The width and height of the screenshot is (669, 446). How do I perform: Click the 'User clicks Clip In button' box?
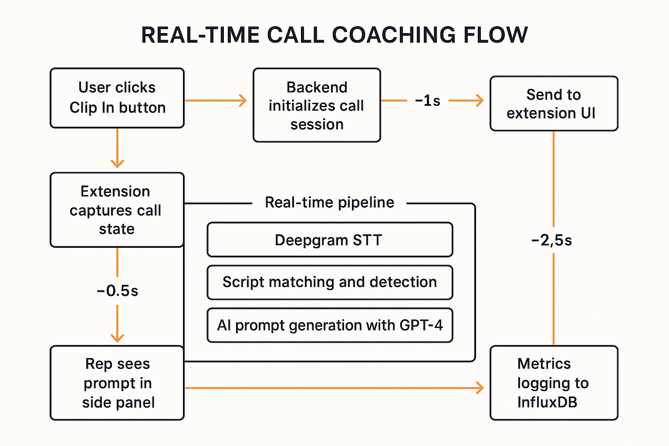point(117,98)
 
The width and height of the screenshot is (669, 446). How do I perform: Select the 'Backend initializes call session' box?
point(317,105)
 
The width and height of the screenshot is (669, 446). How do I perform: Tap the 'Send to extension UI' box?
point(554,104)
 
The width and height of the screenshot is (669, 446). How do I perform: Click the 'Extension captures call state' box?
point(117,210)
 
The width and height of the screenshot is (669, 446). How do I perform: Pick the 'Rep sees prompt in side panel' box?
point(117,383)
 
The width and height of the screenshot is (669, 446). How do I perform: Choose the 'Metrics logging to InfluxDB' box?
point(554,383)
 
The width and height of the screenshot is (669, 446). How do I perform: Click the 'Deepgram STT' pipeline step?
point(330,240)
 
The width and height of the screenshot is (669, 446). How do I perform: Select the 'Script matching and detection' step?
point(330,282)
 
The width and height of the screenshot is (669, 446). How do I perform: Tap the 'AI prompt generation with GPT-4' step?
point(330,325)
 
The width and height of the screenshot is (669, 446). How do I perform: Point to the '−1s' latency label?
point(427,101)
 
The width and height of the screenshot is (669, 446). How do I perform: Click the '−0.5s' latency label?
point(117,291)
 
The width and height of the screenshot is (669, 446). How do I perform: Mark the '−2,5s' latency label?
point(551,240)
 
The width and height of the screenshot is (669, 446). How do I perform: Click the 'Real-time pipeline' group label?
point(329,203)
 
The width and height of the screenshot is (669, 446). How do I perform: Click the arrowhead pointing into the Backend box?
point(243,101)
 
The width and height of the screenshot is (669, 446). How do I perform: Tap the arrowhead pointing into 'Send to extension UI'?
point(480,101)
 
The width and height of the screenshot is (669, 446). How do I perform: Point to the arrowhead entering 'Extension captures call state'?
point(117,164)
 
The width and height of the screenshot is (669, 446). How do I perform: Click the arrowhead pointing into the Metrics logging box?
point(480,388)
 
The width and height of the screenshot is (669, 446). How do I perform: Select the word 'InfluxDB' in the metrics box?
point(547,402)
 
